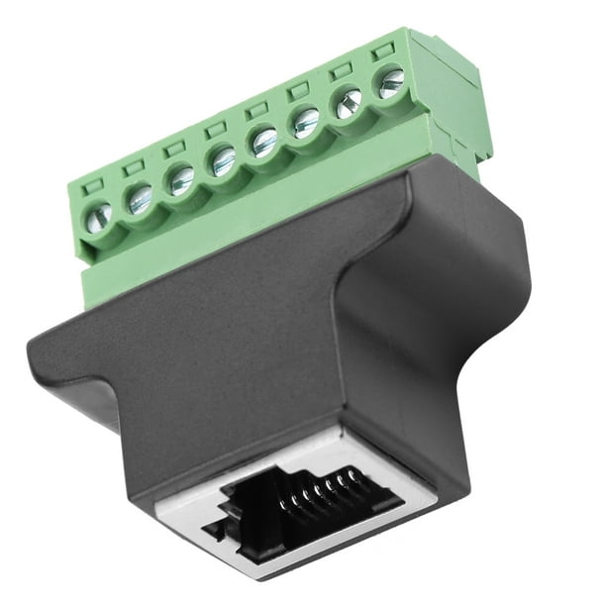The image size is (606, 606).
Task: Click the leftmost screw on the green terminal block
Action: click(99, 215)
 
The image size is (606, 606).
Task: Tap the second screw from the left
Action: click(140, 198)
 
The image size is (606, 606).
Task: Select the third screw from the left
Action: click(181, 180)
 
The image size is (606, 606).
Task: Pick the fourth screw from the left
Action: click(223, 161)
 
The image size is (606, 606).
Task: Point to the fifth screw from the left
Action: click(264, 142)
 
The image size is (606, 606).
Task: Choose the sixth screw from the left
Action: click(306, 122)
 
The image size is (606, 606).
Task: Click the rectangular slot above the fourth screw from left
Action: click(215, 128)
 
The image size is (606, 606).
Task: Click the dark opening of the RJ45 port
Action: click(297, 504)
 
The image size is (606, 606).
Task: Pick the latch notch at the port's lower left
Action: click(220, 530)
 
